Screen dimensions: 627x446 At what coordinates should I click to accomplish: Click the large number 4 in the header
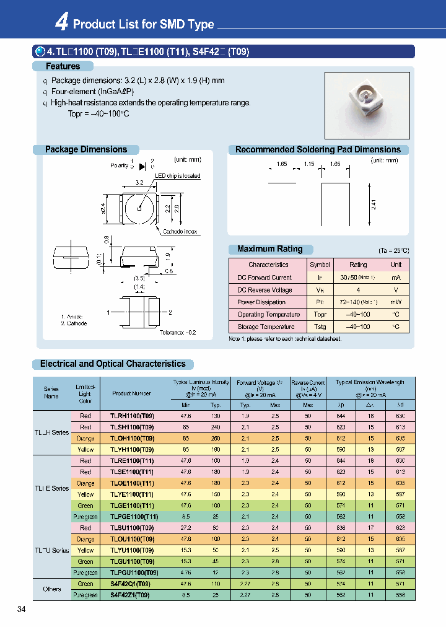(x=61, y=23)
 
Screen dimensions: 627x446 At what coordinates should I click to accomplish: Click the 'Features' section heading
(x=63, y=66)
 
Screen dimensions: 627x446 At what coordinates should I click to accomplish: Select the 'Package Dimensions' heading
(x=85, y=149)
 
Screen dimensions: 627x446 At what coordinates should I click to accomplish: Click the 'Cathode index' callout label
(x=180, y=231)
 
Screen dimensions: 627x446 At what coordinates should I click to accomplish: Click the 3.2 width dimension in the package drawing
(x=140, y=183)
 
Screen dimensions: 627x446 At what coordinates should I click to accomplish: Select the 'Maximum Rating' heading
(x=269, y=249)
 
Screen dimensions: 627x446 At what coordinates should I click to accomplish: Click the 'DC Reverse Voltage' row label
(x=265, y=290)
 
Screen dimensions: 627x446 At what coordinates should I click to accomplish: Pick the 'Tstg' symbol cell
(x=320, y=327)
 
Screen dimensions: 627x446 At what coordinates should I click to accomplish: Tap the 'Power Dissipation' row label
(x=261, y=302)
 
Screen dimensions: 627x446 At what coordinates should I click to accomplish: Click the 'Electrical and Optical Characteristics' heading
(x=113, y=364)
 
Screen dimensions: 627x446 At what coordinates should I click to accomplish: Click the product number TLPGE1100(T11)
(x=134, y=517)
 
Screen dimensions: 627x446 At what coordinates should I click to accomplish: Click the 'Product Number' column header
(x=131, y=393)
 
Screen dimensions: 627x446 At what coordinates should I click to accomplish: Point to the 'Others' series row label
(x=52, y=589)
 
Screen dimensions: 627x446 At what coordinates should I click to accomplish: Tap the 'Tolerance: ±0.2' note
(x=177, y=333)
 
